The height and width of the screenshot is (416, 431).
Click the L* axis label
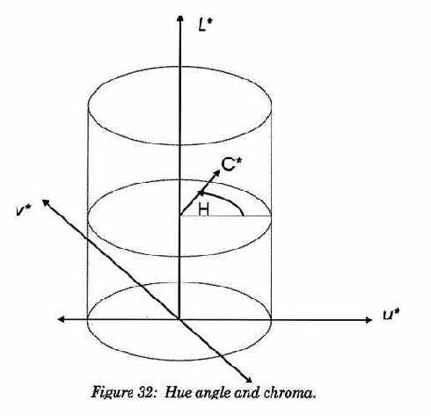205,26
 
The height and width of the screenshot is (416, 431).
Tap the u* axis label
391,315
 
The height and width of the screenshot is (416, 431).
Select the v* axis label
25,210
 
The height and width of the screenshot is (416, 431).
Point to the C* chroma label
232,164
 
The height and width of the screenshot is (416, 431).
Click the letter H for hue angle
203,210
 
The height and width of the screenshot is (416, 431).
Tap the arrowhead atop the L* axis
180,18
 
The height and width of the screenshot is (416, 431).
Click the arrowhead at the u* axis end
369,320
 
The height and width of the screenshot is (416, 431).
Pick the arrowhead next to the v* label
46,202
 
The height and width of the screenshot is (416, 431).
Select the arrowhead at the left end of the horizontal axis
61,319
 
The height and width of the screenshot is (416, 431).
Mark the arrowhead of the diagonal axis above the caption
249,380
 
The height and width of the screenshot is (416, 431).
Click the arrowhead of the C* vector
217,173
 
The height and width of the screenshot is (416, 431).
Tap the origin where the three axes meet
179,319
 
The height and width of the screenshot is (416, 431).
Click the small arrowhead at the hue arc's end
201,193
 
